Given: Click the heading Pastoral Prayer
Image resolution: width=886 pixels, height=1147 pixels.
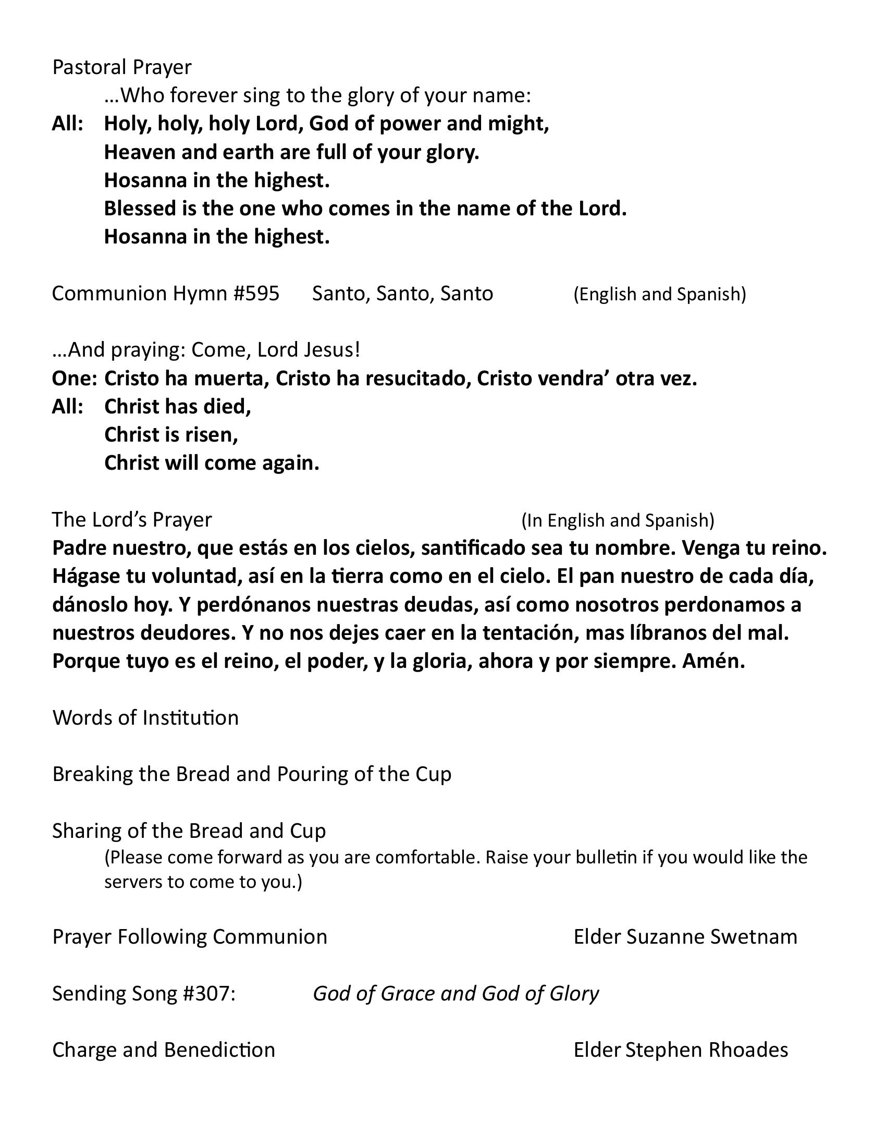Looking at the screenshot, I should pyautogui.click(x=122, y=67).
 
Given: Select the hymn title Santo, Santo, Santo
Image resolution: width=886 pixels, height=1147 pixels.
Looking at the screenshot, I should pyautogui.click(x=402, y=293).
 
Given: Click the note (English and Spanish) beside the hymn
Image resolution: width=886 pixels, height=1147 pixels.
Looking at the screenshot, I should pyautogui.click(x=659, y=294).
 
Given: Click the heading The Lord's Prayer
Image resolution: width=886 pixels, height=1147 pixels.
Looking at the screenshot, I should pyautogui.click(x=132, y=519).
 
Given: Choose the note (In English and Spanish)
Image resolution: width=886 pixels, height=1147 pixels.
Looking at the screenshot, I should pyautogui.click(x=617, y=520).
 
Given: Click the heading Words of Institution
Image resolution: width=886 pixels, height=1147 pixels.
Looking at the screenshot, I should pyautogui.click(x=145, y=717).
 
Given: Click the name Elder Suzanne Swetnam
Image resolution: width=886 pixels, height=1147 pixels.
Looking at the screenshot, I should pyautogui.click(x=685, y=937).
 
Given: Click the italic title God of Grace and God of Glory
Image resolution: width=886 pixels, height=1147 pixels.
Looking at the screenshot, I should pyautogui.click(x=456, y=994).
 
